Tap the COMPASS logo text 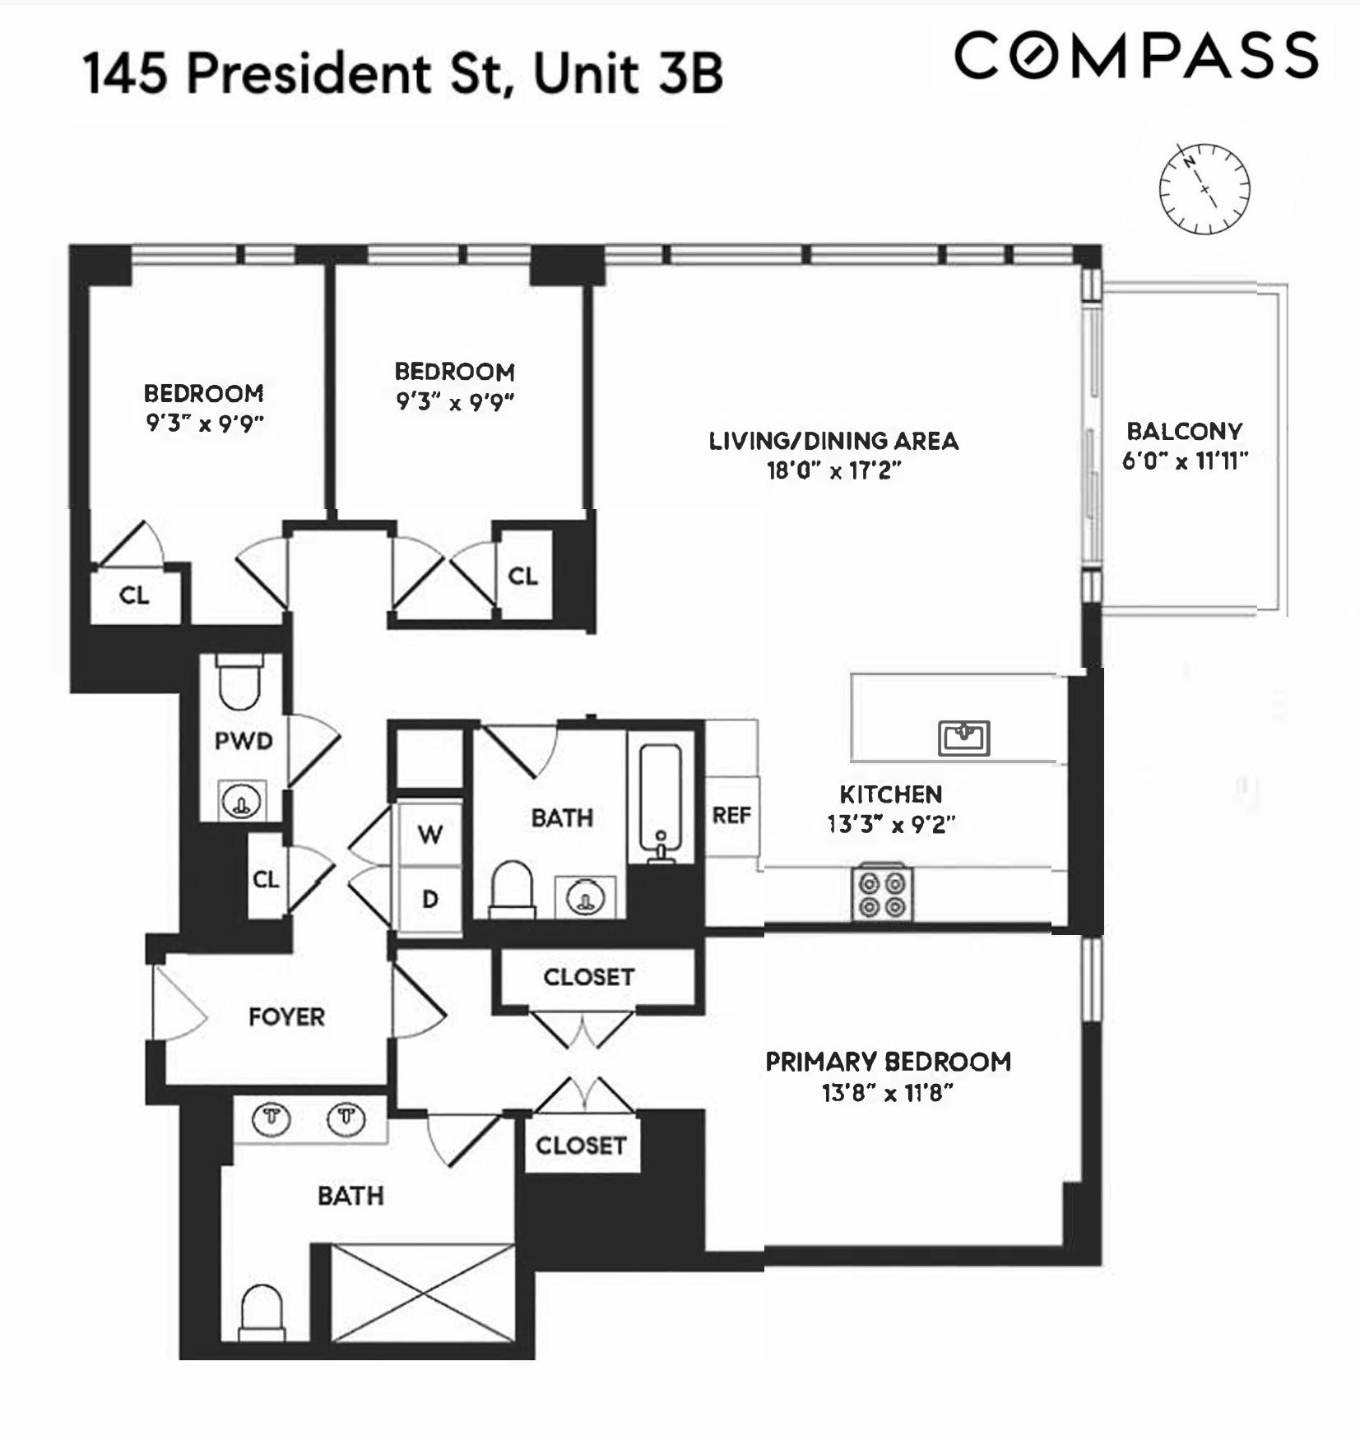[x=1136, y=56]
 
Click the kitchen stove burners [x=882, y=895]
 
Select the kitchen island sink [x=963, y=737]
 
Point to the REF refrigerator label [x=731, y=816]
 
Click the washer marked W [x=429, y=835]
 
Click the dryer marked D [x=429, y=900]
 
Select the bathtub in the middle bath [x=661, y=802]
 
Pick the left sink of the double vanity [x=272, y=1118]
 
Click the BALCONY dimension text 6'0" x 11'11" [x=1185, y=461]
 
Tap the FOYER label [x=286, y=1017]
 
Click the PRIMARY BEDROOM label [x=888, y=1062]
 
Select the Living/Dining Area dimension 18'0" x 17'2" [x=834, y=471]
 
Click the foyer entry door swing [x=178, y=1005]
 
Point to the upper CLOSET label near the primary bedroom [x=588, y=977]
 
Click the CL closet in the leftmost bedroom [x=134, y=595]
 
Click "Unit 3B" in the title [x=628, y=74]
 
